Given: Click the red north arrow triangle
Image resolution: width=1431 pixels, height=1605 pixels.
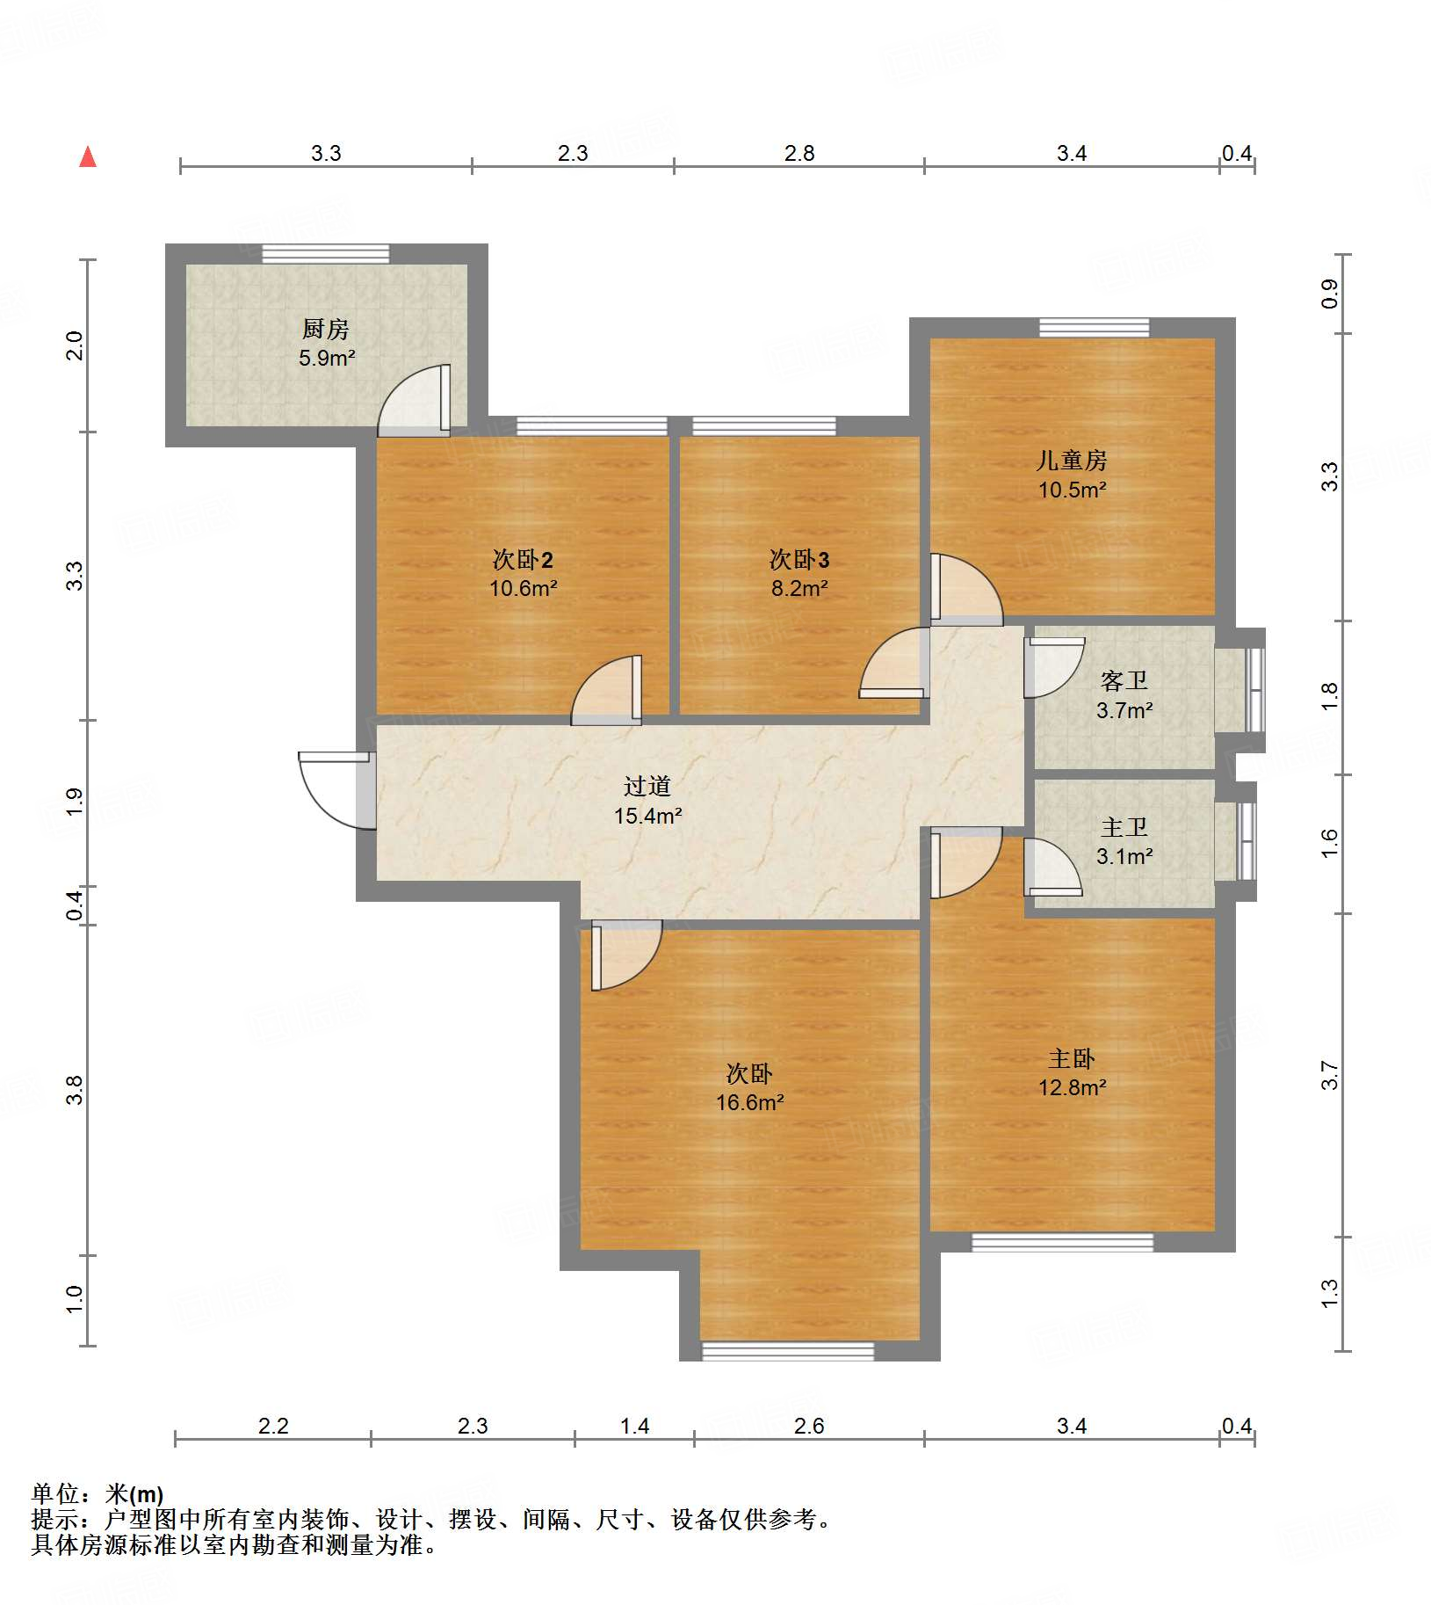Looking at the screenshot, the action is pos(88,157).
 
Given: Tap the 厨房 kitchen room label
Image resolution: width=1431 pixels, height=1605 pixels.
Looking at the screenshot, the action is pos(326,330).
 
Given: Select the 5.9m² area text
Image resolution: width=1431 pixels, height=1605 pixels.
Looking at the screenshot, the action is pos(327,359).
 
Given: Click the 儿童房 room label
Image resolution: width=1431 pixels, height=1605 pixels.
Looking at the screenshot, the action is pos(1072,461).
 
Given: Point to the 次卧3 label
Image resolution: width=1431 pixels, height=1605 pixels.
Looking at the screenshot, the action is pos(799,560).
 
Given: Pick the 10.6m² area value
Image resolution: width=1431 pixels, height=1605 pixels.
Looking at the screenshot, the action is pos(524,589).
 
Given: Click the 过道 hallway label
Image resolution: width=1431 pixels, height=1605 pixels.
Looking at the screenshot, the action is pos(647,787).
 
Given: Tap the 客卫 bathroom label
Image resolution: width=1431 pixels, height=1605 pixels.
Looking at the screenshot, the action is pos(1124,681).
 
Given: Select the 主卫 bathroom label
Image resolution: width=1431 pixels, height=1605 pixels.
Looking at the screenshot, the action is pos(1124,828).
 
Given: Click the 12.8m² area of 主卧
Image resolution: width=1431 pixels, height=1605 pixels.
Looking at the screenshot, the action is pos(1072,1088).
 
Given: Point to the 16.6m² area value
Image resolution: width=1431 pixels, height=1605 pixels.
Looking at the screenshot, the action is pos(749,1103).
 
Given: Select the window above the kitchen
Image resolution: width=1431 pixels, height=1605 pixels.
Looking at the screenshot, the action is pos(326,254).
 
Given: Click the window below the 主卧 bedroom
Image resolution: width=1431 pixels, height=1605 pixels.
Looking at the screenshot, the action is pos(1062,1242).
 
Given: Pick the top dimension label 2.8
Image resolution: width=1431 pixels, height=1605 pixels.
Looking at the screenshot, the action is pos(799,154).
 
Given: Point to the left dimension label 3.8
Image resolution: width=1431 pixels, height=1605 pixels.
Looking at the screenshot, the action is pos(75,1090).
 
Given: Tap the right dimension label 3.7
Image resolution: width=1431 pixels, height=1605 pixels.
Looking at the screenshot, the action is pos(1330,1076).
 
